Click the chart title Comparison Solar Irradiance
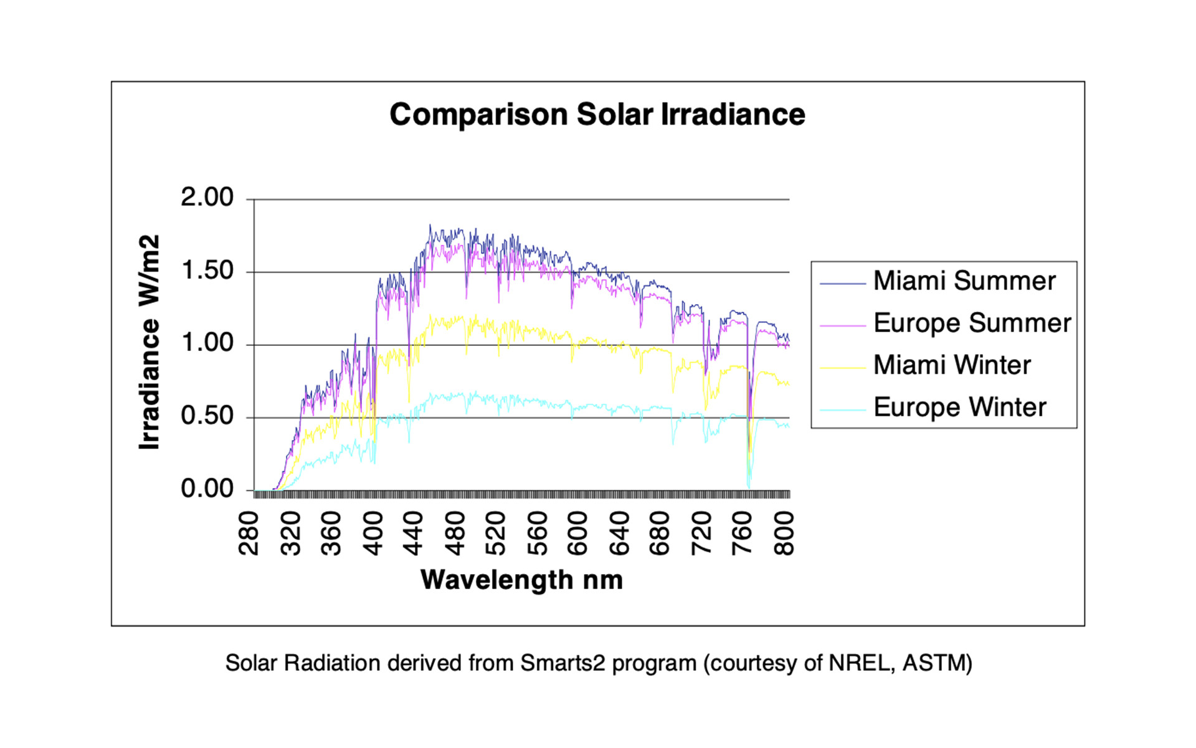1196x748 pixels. coord(597,115)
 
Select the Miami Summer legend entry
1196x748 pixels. coord(964,281)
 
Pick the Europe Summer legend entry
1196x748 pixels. coord(972,323)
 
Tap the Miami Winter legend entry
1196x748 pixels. coord(952,365)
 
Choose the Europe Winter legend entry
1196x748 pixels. coord(959,408)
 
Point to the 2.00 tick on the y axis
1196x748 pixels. coord(207,198)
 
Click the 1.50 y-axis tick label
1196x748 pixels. coord(207,271)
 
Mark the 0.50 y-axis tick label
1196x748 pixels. coord(207,416)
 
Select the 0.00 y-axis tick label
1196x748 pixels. coord(207,489)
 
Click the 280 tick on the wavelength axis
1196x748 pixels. coord(249,533)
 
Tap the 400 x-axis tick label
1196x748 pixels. coord(373,533)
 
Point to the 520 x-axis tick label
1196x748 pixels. coord(496,533)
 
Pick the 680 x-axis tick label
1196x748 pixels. coord(660,533)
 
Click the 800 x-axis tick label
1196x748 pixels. coord(784,533)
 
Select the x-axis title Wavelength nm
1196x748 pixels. coord(521,580)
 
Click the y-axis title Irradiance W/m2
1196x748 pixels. coord(149,342)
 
